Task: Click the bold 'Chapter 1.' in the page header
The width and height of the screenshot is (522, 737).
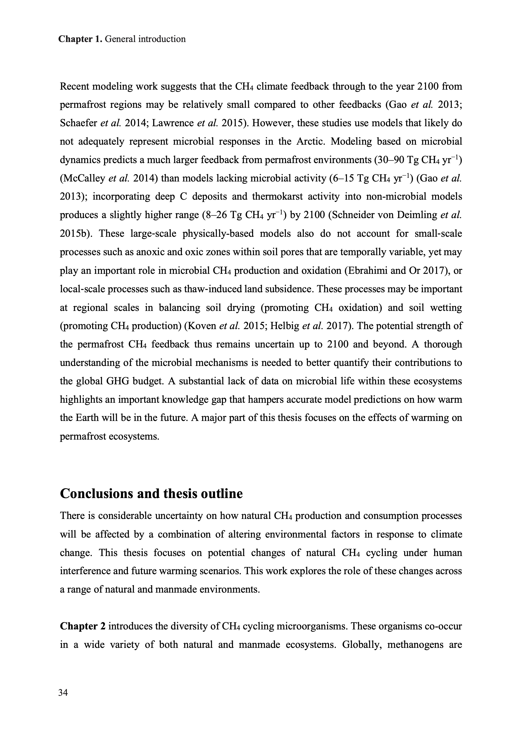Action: click(x=80, y=39)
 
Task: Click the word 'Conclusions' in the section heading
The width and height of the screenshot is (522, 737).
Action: click(x=96, y=493)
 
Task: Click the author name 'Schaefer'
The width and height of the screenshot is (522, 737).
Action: click(x=78, y=124)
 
